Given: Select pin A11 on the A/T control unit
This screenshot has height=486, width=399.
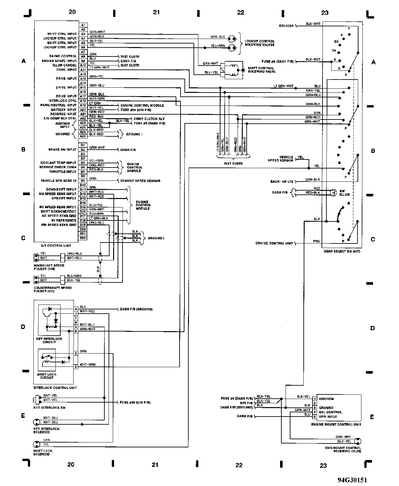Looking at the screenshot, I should pyautogui.click(x=83, y=69).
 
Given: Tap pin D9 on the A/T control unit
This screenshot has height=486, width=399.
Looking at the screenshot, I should pyautogui.click(x=83, y=181).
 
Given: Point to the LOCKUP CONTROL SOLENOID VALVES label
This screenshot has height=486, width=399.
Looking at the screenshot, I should pyautogui.click(x=260, y=43).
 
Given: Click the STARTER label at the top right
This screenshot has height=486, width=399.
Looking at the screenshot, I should pyautogui.click(x=286, y=26).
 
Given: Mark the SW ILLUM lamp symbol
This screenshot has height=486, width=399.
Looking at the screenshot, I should pyautogui.click(x=332, y=193).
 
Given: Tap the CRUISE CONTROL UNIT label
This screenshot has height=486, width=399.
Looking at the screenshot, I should pyautogui.click(x=274, y=243).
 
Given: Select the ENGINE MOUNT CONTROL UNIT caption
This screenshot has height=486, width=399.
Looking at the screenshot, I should pyautogui.click(x=336, y=424).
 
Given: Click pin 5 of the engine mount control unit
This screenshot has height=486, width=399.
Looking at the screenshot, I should pyautogui.click(x=314, y=417).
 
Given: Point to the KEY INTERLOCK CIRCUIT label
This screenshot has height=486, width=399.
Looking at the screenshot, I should pyautogui.click(x=49, y=340).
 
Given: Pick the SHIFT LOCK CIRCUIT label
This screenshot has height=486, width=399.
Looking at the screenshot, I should pyautogui.click(x=47, y=376).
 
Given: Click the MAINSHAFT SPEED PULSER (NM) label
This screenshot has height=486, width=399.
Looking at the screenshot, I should pyautogui.click(x=49, y=267).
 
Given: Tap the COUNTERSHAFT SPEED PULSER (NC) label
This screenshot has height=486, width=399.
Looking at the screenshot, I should pyautogui.click(x=53, y=289).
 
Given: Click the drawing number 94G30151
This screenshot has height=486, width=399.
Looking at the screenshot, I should pyautogui.click(x=352, y=480).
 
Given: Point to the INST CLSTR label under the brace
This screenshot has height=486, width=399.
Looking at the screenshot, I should pyautogui.click(x=233, y=163).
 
